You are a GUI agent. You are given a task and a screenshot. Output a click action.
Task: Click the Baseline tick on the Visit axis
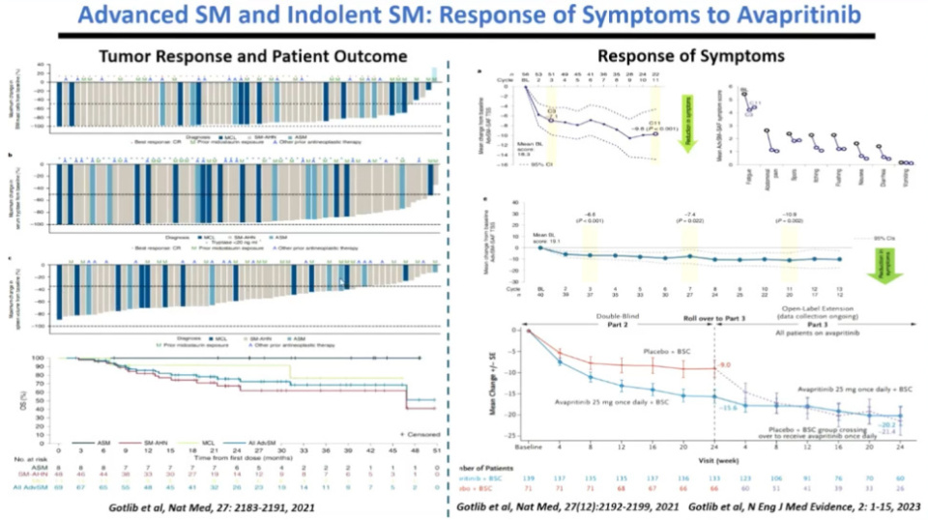pyautogui.click(x=527, y=446)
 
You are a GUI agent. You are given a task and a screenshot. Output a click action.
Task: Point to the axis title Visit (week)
pyautogui.click(x=716, y=458)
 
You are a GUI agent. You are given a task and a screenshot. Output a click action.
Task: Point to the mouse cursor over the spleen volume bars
pyautogui.click(x=340, y=282)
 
